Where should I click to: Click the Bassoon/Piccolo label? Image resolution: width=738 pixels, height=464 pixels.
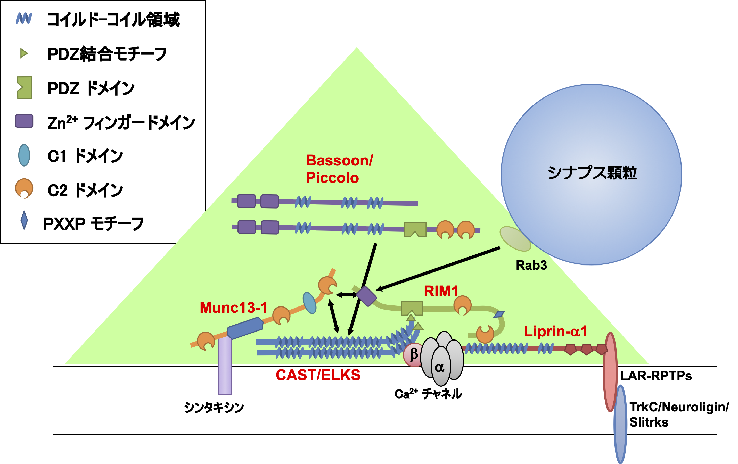[339, 169]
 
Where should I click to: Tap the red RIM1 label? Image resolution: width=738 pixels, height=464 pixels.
[441, 291]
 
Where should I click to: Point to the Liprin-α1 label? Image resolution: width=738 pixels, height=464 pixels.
[555, 331]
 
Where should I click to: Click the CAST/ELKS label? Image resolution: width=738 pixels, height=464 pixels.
[318, 375]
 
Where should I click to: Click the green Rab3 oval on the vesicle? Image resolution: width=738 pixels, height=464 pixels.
[515, 239]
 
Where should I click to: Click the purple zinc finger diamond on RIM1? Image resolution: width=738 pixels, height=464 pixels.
[366, 296]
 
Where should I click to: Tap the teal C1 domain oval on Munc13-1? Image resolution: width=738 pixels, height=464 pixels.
[309, 303]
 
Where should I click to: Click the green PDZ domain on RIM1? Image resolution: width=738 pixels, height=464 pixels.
[412, 308]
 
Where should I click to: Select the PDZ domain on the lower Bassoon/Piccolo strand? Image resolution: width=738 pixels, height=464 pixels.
[415, 229]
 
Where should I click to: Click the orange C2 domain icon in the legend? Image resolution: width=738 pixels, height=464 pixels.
[24, 188]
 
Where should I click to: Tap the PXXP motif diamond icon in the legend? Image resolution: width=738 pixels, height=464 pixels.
[24, 220]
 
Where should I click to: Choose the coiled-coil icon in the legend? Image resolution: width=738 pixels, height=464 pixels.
[24, 19]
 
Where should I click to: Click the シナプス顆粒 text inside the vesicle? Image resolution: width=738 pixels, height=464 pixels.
[592, 173]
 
